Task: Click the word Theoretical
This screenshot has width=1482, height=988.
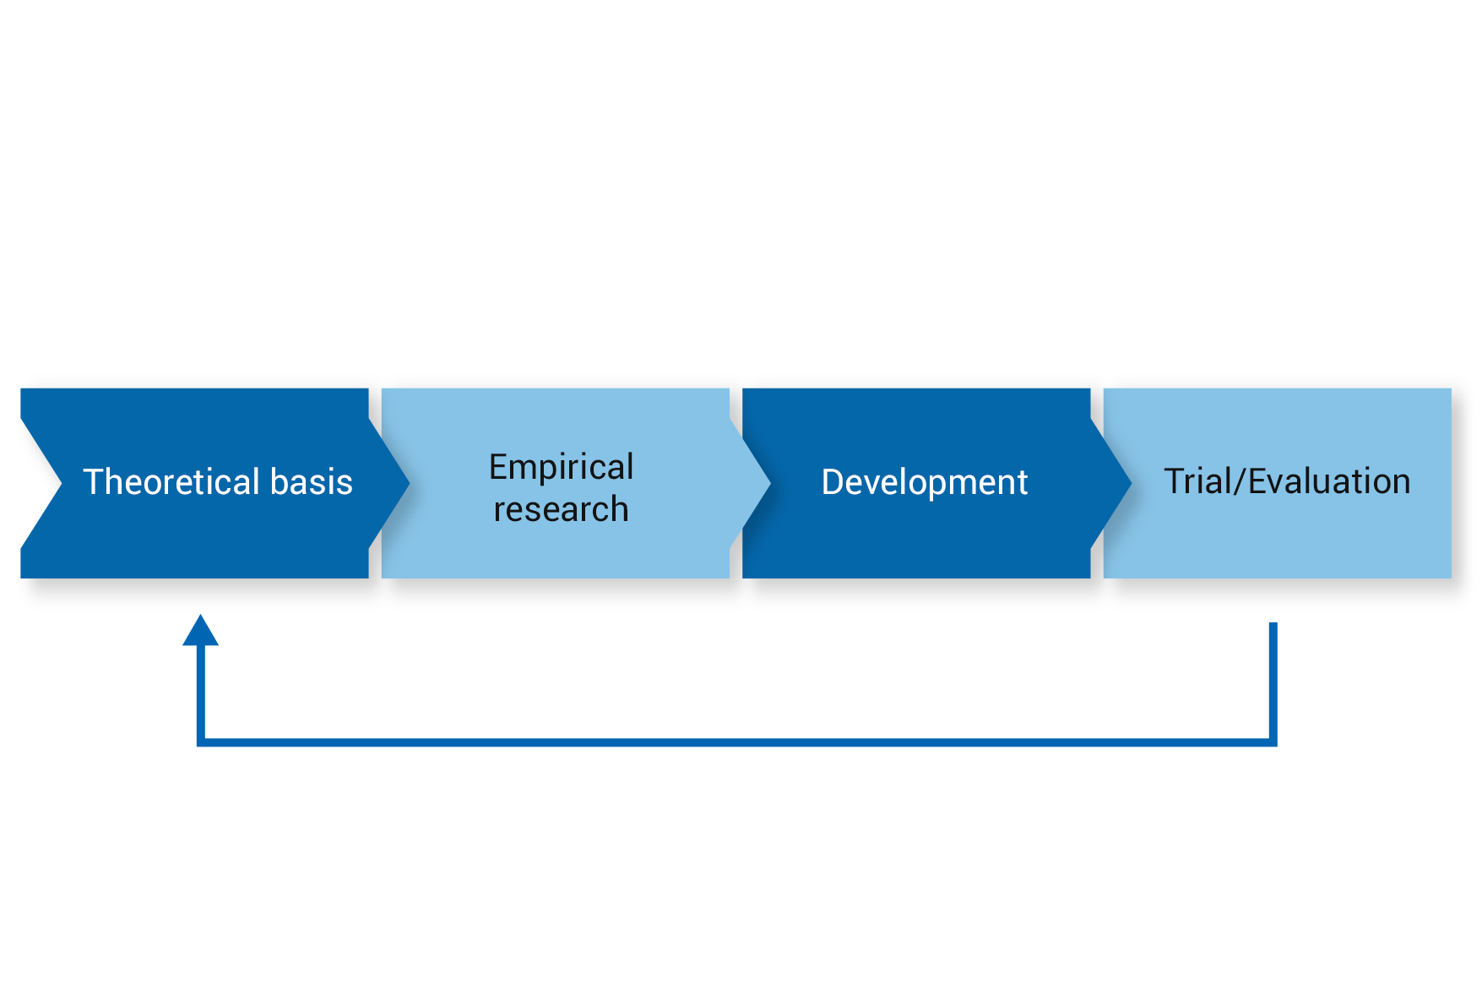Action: [171, 481]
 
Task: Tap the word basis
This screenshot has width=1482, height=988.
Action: [312, 481]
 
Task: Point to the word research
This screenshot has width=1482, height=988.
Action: [562, 510]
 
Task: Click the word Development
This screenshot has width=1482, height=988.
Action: [925, 483]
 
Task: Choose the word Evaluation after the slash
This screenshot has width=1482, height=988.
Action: [1330, 481]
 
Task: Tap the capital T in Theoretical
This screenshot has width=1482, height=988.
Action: [94, 481]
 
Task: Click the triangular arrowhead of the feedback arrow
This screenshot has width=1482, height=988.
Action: [201, 630]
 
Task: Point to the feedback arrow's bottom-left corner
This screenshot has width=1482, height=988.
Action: [201, 742]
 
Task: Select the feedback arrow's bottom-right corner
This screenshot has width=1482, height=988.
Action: [1273, 742]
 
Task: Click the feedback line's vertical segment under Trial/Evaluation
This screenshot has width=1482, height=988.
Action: [1273, 682]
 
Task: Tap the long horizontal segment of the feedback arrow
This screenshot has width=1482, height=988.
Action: [737, 742]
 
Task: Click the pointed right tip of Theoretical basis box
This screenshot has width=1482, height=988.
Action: [410, 483]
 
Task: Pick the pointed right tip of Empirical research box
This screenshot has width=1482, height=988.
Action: [770, 483]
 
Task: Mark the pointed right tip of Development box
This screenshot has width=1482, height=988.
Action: [1132, 483]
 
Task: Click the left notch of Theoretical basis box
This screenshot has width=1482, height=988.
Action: [62, 483]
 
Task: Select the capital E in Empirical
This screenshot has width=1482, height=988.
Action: [499, 467]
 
